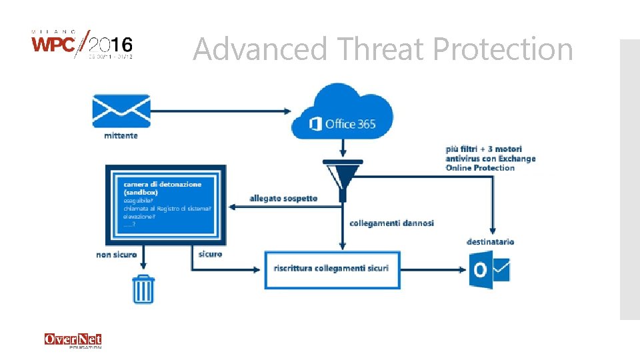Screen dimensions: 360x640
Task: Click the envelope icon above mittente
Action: pyautogui.click(x=121, y=111)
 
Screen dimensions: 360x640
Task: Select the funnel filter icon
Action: pyautogui.click(x=342, y=177)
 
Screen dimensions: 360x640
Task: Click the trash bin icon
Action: pyautogui.click(x=143, y=289)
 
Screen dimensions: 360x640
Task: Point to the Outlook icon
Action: pyautogui.click(x=489, y=271)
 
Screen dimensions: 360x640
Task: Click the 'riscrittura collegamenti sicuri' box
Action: pyautogui.click(x=331, y=269)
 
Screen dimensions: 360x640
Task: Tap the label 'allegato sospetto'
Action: pyautogui.click(x=283, y=198)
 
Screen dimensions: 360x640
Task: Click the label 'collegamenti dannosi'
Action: pyautogui.click(x=391, y=223)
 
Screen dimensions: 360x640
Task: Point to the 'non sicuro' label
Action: pyautogui.click(x=117, y=255)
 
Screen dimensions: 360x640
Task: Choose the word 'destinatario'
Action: pyautogui.click(x=490, y=241)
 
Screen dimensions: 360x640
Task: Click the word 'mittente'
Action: pyautogui.click(x=121, y=136)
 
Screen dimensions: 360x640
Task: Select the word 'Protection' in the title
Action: pyautogui.click(x=503, y=49)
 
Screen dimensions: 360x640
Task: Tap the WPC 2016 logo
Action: pyautogui.click(x=82, y=45)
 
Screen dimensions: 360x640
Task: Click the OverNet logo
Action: pyautogui.click(x=73, y=340)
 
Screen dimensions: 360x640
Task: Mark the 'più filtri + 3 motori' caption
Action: pyautogui.click(x=484, y=149)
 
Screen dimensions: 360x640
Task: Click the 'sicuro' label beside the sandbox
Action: pyautogui.click(x=210, y=254)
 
